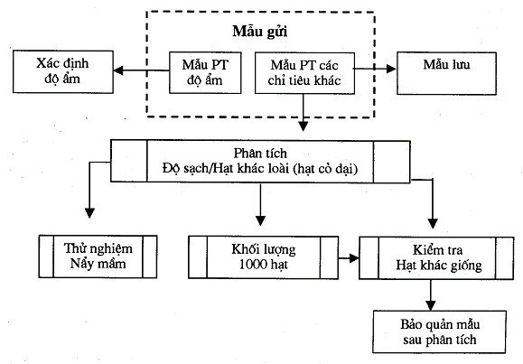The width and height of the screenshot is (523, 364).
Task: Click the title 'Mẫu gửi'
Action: (260, 32)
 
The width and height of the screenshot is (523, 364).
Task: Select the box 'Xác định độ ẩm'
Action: (62, 73)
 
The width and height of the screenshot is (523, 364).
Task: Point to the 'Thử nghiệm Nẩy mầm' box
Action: (98, 256)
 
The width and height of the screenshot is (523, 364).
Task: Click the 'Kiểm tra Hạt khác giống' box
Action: (430, 256)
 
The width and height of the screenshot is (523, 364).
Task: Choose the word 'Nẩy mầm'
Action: (98, 265)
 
